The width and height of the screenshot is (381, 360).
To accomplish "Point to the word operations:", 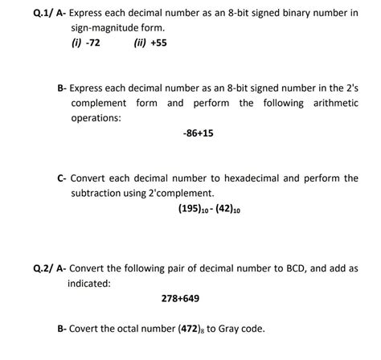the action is point(96,118).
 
